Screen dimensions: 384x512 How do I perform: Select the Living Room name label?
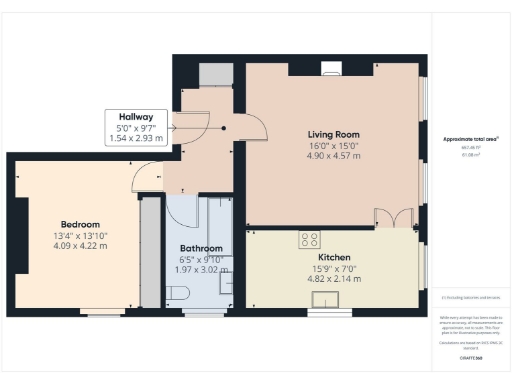point(333,134)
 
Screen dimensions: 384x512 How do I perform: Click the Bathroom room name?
point(201,248)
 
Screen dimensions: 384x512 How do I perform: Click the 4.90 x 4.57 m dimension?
point(333,157)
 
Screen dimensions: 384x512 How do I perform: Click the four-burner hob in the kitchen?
point(309,239)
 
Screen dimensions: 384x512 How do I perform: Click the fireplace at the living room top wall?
point(333,69)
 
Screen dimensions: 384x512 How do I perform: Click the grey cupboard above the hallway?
point(213,75)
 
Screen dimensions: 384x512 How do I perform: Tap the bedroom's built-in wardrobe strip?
point(150,252)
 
